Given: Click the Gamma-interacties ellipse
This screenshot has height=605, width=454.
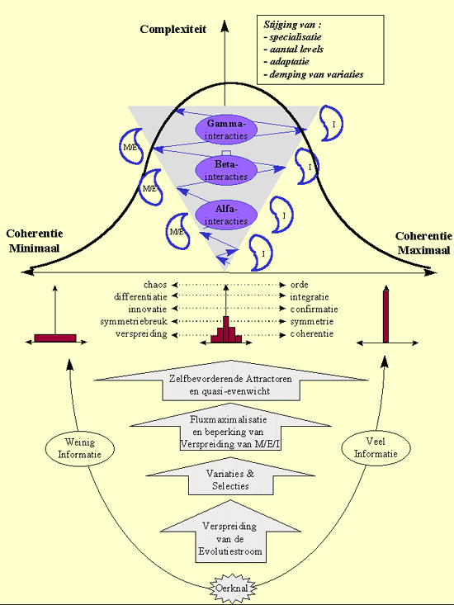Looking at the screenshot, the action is click(x=226, y=130).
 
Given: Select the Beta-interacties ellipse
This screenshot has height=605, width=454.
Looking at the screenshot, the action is click(x=226, y=170).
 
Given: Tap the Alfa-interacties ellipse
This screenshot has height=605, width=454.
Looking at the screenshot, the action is click(x=226, y=215).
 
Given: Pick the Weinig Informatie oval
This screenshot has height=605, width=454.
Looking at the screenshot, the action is click(x=80, y=448).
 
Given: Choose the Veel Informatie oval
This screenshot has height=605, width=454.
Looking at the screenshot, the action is click(x=376, y=447).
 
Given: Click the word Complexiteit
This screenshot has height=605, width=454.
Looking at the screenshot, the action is click(x=173, y=30).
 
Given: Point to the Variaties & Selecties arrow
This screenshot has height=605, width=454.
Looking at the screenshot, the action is click(x=230, y=476).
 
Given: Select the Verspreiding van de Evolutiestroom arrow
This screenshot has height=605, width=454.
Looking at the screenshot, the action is click(x=230, y=532).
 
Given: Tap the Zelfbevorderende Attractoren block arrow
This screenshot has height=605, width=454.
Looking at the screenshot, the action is click(x=230, y=380).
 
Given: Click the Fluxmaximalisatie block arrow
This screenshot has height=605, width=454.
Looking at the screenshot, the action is click(x=230, y=427).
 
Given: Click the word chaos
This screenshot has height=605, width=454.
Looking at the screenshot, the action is click(x=155, y=285).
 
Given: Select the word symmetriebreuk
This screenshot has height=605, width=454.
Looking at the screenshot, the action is click(x=134, y=321).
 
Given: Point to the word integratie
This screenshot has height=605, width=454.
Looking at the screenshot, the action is click(x=310, y=297).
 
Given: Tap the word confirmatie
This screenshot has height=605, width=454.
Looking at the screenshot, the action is click(x=314, y=309).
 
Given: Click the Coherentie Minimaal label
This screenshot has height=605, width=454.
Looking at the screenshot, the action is click(x=35, y=241).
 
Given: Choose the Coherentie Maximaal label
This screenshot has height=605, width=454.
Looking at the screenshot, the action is click(x=423, y=243).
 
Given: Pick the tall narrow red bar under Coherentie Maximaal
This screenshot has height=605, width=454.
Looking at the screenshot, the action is click(x=385, y=315).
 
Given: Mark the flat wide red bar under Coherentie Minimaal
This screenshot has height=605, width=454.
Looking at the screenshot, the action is click(x=55, y=338).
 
